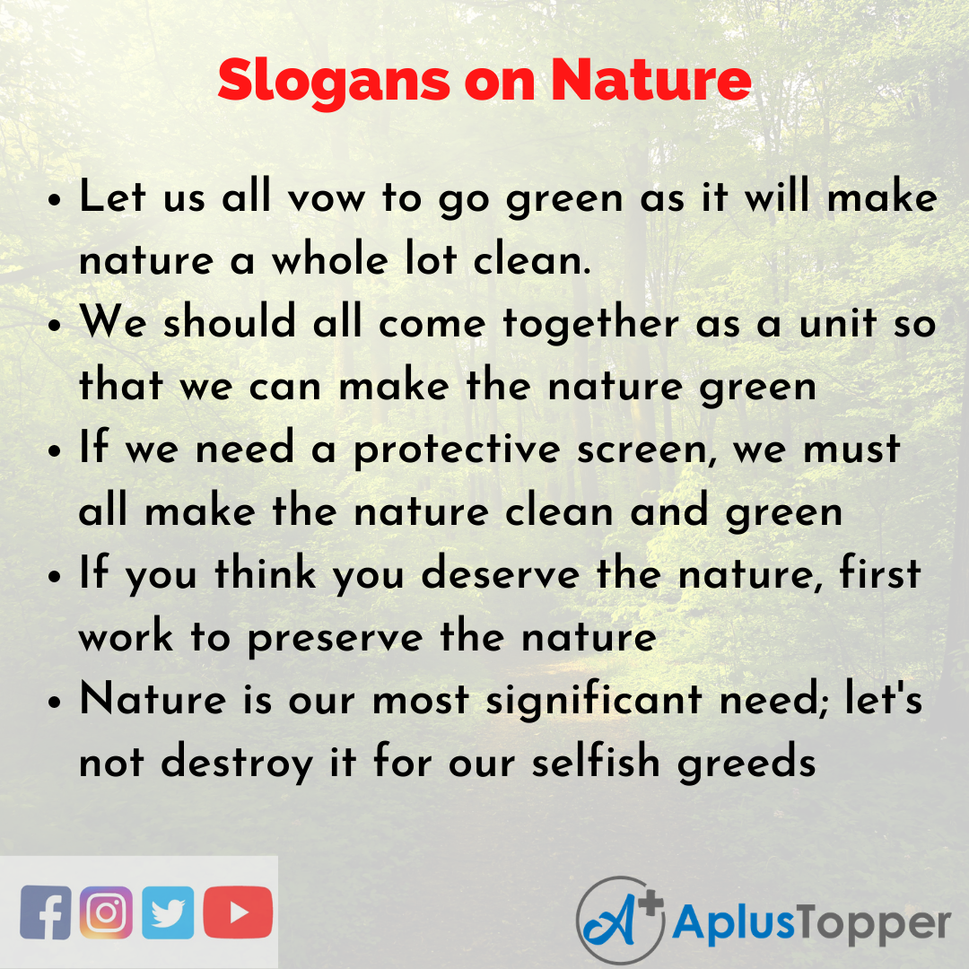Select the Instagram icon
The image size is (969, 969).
pyautogui.click(x=106, y=912)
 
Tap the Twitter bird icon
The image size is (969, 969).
pyautogui.click(x=168, y=912)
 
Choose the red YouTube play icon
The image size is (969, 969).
pyautogui.click(x=238, y=912)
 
